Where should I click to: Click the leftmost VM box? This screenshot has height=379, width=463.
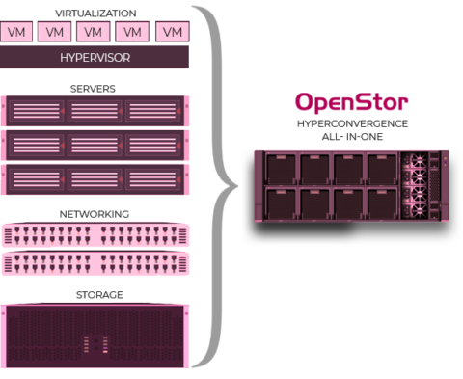[x=17, y=32]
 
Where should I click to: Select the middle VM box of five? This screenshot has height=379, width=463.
[x=95, y=32]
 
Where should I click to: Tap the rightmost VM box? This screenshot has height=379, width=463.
[x=172, y=32]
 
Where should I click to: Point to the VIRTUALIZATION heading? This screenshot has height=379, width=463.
[x=95, y=14]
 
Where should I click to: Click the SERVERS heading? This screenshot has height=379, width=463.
[x=95, y=88]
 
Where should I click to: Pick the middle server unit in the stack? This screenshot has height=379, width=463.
[x=95, y=144]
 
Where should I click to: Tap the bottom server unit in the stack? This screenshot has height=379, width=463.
[x=95, y=177]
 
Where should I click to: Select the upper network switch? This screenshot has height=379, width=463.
[x=95, y=233]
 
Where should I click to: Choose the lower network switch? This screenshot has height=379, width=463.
[x=95, y=262]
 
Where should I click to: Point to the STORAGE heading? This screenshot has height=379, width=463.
[x=95, y=294]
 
